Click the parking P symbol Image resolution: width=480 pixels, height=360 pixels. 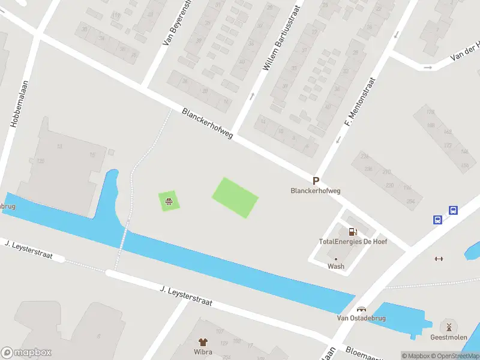coord(316,181)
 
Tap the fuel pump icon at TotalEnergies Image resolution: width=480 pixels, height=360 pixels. coord(353,232)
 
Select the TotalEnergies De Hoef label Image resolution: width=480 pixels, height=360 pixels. coord(353,242)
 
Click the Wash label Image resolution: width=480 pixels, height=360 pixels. coord(336,266)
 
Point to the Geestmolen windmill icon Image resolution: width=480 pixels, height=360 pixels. coord(448,327)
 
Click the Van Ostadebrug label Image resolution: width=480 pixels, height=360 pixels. coord(361,318)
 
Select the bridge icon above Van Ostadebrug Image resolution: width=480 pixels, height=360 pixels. coord(361,309)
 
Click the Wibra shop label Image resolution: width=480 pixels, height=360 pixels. coord(203,352)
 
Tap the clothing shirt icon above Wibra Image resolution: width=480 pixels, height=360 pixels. coord(203,342)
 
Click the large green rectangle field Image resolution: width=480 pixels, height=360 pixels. coord(235,197)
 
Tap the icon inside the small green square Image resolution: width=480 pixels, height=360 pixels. coord(169,201)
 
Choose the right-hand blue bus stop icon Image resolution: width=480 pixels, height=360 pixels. coord(454,211)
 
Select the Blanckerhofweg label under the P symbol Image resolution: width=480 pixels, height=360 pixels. coord(316,191)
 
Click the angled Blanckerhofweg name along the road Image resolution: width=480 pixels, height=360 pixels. coord(208,124)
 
